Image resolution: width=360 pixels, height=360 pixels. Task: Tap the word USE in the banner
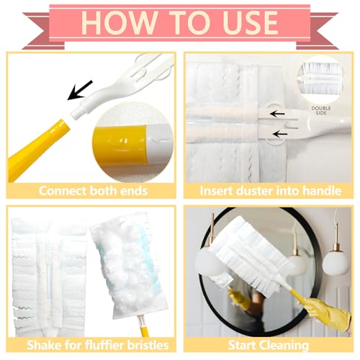click(x=251, y=23)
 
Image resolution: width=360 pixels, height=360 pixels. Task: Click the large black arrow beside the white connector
click(x=80, y=90)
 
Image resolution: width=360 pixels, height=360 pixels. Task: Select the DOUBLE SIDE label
click(x=321, y=110)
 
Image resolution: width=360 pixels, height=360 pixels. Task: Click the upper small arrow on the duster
click(x=277, y=114)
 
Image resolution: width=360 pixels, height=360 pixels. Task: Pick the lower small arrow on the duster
click(x=280, y=134)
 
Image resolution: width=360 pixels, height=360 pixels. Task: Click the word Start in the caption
click(x=242, y=346)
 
